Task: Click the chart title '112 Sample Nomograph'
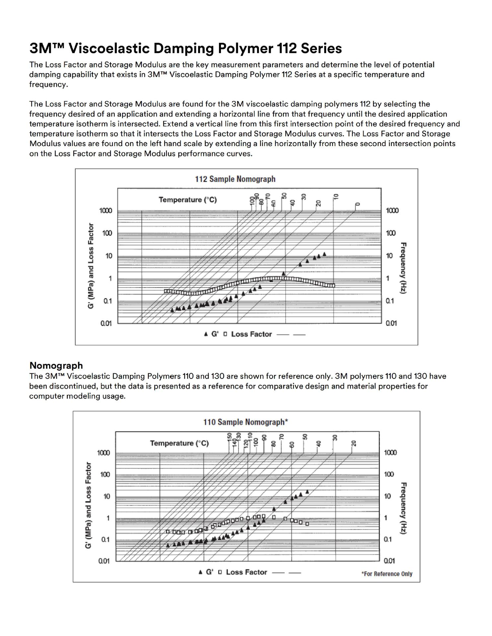[235, 179]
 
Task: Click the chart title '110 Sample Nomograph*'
[246, 422]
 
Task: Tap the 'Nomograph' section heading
[56, 365]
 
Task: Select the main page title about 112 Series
[185, 48]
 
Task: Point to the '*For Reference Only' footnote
[387, 574]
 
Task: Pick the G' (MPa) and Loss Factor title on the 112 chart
[91, 266]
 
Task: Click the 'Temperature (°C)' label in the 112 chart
[187, 200]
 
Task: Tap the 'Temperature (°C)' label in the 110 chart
[179, 443]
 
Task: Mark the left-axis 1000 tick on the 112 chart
[106, 211]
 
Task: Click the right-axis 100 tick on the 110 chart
[389, 474]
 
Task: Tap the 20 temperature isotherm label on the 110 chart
[354, 443]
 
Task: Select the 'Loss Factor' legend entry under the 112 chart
[251, 334]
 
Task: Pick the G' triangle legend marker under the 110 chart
[200, 572]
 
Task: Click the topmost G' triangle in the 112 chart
[324, 254]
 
